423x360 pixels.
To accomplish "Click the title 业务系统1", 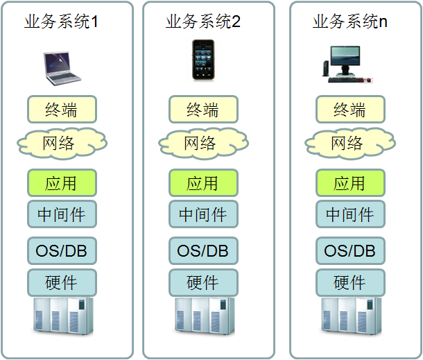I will pos(61,22).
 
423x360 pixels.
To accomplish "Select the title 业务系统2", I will pos(203,22).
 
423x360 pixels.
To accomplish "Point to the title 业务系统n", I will pos(349,22).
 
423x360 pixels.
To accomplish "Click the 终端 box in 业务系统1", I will pos(62,110).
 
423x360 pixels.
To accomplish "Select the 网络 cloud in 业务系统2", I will pos(203,144).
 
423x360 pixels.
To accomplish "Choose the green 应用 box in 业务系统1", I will pos(62,183).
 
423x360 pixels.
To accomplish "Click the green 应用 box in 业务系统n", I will pos(349,183).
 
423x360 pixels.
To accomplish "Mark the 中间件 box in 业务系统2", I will pos(203,214).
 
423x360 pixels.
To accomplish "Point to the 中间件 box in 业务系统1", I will pos(62,214).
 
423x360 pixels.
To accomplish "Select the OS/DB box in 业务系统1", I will pos(62,250).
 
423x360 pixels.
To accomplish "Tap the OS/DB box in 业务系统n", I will pos(349,250).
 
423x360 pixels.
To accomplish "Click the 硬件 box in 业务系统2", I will pos(203,282).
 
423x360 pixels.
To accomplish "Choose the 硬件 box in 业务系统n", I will pos(349,282).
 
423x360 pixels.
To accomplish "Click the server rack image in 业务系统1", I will pos(62,318).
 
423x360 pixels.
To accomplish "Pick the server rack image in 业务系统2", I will pos(203,318).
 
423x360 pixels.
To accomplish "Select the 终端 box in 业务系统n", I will pos(349,110).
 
